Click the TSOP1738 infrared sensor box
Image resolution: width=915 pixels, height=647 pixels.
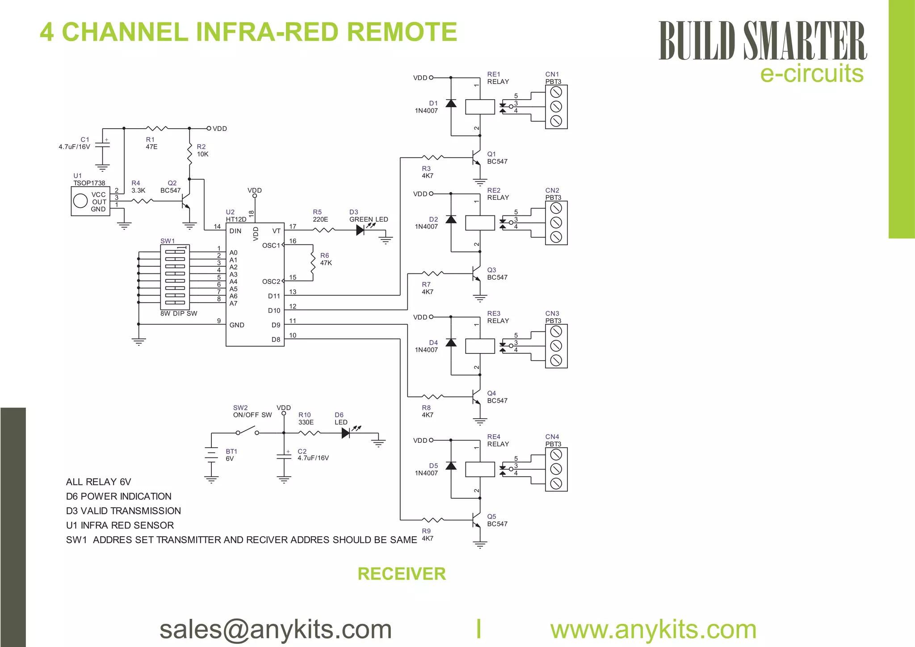pyautogui.click(x=90, y=202)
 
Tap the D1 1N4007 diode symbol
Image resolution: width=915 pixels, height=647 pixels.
pyautogui.click(x=451, y=104)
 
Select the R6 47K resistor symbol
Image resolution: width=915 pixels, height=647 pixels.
pyautogui.click(x=313, y=263)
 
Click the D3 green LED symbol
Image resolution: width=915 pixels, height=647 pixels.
pyautogui.click(x=361, y=230)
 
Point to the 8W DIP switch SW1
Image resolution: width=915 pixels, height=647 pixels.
pyautogui.click(x=175, y=277)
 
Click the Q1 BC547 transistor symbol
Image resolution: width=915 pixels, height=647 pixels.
pyautogui.click(x=476, y=157)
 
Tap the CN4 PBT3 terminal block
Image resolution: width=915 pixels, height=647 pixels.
pyautogui.click(x=556, y=469)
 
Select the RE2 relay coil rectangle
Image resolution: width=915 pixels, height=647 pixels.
pyautogui.click(x=480, y=223)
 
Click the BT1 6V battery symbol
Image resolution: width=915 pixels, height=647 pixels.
pyautogui.click(x=211, y=455)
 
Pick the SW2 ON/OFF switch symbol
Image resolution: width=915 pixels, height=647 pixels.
pyautogui.click(x=247, y=432)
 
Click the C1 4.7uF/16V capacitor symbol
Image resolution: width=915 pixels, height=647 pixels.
pyautogui.click(x=102, y=145)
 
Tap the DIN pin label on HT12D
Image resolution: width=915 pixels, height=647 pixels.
pyautogui.click(x=235, y=231)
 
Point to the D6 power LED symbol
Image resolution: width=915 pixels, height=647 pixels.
pyautogui.click(x=346, y=433)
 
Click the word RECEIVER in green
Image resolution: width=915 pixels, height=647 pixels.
pyautogui.click(x=401, y=574)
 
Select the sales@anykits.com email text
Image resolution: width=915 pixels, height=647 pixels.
pyautogui.click(x=275, y=629)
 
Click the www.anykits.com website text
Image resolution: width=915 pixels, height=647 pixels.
pyautogui.click(x=653, y=629)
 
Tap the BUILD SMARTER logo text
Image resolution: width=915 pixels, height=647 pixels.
pyautogui.click(x=762, y=41)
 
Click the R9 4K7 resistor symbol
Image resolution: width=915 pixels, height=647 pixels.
pyautogui.click(x=432, y=520)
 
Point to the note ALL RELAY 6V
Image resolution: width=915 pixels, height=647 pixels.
pyautogui.click(x=98, y=482)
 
